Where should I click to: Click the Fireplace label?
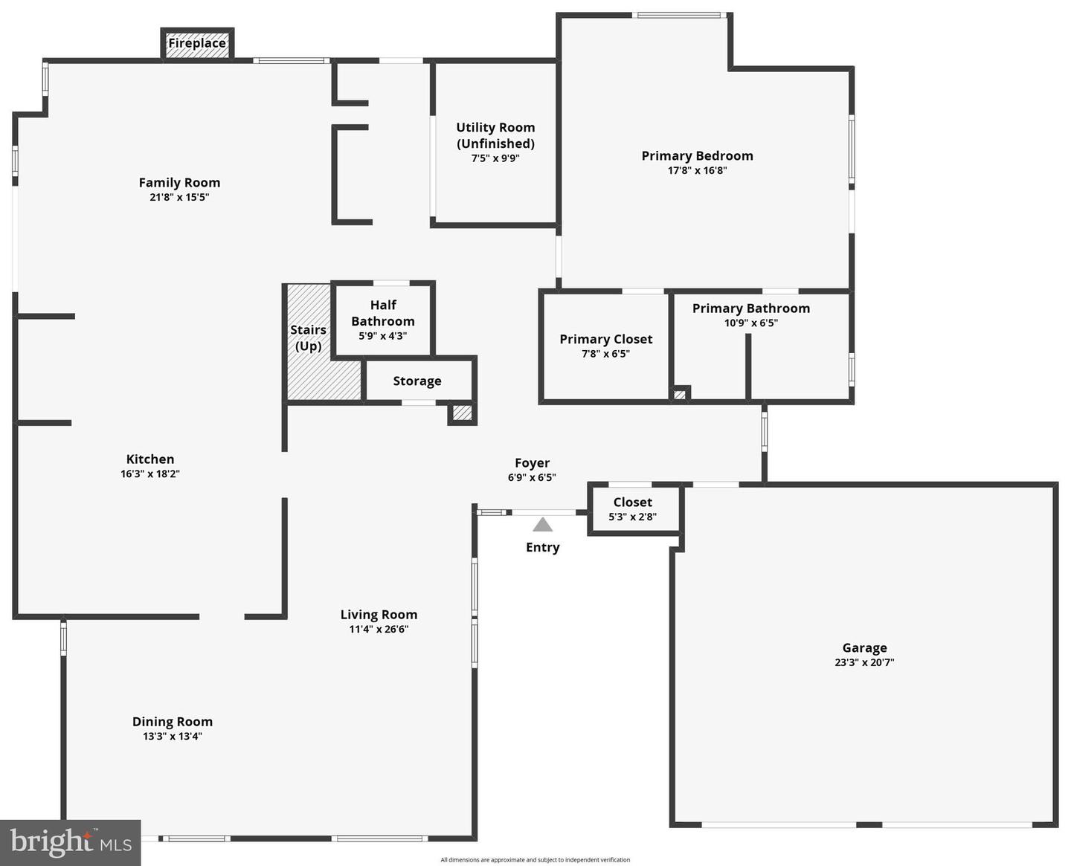click(197, 43)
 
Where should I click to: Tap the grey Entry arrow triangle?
click(543, 525)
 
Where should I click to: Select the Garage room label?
click(864, 648)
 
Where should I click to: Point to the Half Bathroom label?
click(383, 313)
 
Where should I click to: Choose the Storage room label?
click(417, 381)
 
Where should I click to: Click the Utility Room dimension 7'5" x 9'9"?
click(495, 158)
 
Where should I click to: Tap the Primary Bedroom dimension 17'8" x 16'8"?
click(697, 170)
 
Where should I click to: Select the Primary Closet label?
click(606, 339)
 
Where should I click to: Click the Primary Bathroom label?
click(751, 308)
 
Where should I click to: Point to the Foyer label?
click(533, 463)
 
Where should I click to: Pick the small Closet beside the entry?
click(633, 509)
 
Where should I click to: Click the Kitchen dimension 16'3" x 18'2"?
click(150, 474)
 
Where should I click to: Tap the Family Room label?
click(179, 183)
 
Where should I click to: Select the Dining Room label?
click(173, 722)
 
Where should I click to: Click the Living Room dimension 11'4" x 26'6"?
click(379, 629)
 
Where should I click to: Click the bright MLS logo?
click(71, 842)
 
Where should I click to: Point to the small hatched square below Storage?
click(463, 412)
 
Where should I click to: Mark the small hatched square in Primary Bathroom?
click(680, 394)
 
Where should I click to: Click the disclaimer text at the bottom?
click(535, 860)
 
